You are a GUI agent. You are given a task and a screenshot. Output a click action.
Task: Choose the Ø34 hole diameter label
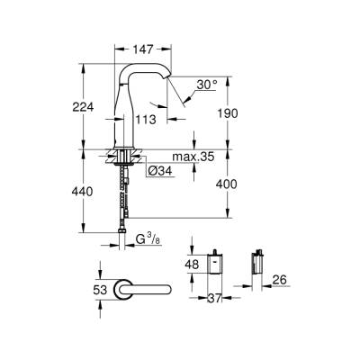pyautogui.click(x=160, y=171)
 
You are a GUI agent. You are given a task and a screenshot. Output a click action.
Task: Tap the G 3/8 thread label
pyautogui.click(x=149, y=239)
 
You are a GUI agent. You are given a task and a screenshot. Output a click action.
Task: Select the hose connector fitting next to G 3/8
pyautogui.click(x=122, y=239)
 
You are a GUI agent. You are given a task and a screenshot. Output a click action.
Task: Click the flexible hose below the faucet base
pyautogui.click(x=122, y=198)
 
